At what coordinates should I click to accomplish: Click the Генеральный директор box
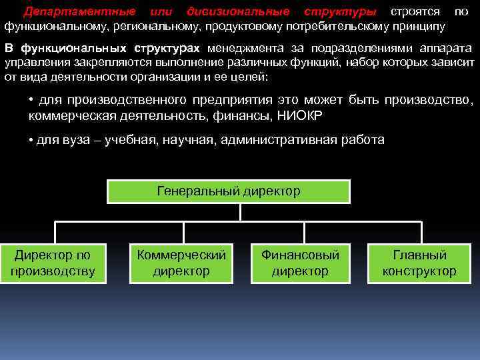[229, 191]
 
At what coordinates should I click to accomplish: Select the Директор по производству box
[53, 263]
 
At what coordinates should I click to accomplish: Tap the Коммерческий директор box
[181, 263]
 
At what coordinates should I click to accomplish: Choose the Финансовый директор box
[300, 263]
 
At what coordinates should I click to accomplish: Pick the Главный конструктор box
[419, 263]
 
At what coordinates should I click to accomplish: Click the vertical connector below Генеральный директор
[240, 212]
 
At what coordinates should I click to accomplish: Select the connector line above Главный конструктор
[421, 233]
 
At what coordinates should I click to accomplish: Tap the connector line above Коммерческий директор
[184, 233]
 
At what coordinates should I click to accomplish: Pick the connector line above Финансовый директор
[303, 233]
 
